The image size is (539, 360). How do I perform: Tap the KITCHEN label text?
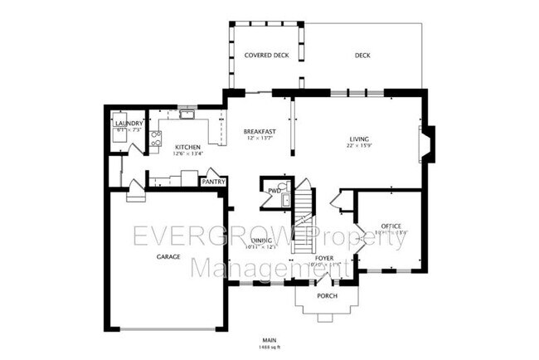click(x=187, y=146)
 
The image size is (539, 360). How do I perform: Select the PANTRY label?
click(x=214, y=181)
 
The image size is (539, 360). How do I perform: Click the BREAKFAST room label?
click(x=259, y=132)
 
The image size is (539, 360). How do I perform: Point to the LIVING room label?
click(x=359, y=139)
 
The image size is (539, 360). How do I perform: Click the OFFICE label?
click(x=391, y=226)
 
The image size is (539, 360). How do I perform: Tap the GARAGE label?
click(x=168, y=257)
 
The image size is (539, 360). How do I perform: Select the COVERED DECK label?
click(x=265, y=56)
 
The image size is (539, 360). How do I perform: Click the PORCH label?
click(x=328, y=295)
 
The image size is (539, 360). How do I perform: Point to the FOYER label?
click(x=324, y=258)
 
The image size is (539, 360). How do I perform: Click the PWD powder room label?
click(x=273, y=192)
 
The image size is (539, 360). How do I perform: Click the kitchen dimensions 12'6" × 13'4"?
click(x=187, y=153)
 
